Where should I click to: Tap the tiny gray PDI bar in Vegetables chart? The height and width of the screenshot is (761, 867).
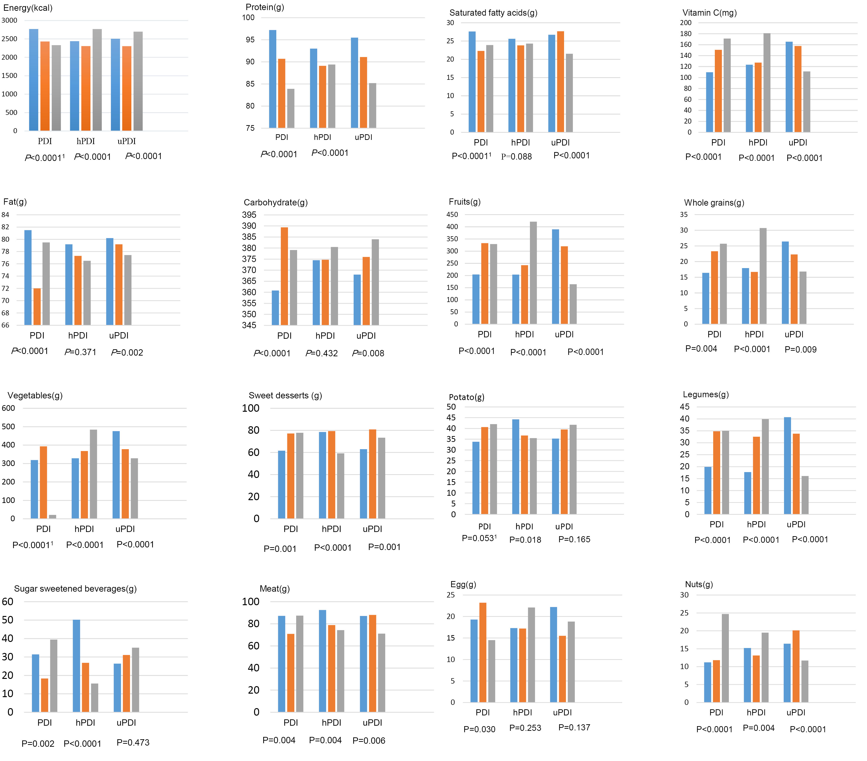(53, 517)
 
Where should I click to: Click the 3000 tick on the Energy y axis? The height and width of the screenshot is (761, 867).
(9, 20)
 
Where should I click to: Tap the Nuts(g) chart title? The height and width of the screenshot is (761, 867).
(699, 584)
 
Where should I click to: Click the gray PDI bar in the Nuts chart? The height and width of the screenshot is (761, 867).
(725, 658)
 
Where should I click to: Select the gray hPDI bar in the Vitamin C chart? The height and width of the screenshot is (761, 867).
(767, 83)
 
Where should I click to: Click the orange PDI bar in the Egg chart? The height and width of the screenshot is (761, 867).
(483, 652)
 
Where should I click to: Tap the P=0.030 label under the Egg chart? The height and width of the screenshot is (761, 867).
(479, 729)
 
